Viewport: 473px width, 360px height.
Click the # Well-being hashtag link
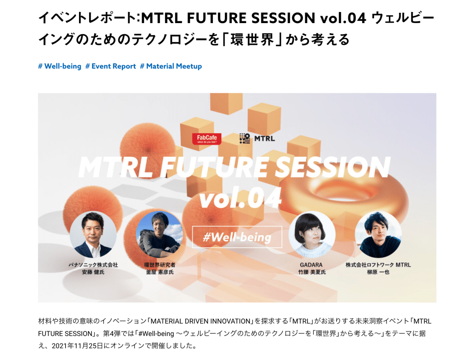60,66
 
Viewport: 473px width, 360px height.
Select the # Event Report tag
111,66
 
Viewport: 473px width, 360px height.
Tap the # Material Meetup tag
171,66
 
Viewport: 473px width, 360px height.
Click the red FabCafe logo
206,139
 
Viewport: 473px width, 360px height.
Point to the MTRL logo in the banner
257,139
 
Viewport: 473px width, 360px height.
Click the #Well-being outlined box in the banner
237,237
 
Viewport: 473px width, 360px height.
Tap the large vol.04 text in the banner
240,198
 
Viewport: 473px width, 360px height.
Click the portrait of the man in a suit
93,234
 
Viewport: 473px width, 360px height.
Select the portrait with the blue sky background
159,234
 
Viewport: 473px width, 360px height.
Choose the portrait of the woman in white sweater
312,234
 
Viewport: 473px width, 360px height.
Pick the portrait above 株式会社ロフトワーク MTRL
378,234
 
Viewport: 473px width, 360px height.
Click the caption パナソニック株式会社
93,265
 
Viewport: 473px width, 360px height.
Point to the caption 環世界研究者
159,265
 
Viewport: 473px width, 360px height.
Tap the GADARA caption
311,265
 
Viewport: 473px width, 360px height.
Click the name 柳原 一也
378,272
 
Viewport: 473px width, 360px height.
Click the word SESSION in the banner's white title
333,167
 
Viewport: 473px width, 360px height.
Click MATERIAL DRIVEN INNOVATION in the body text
200,321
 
